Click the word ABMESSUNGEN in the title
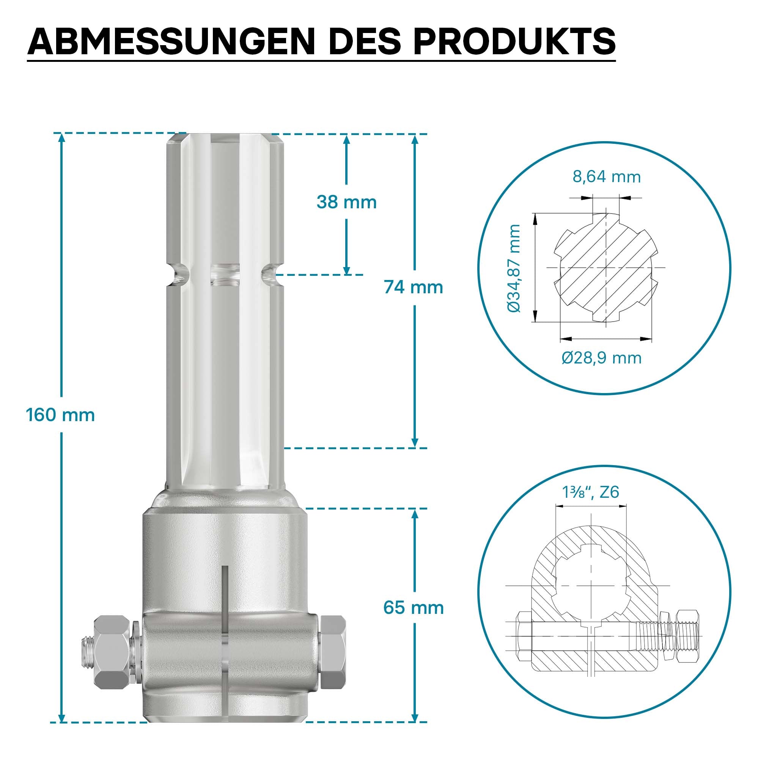[171, 41]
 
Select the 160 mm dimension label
[60, 415]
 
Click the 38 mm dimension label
[346, 202]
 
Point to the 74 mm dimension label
[413, 287]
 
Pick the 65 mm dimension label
[414, 608]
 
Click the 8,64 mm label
[607, 177]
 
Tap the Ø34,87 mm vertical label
[514, 269]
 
